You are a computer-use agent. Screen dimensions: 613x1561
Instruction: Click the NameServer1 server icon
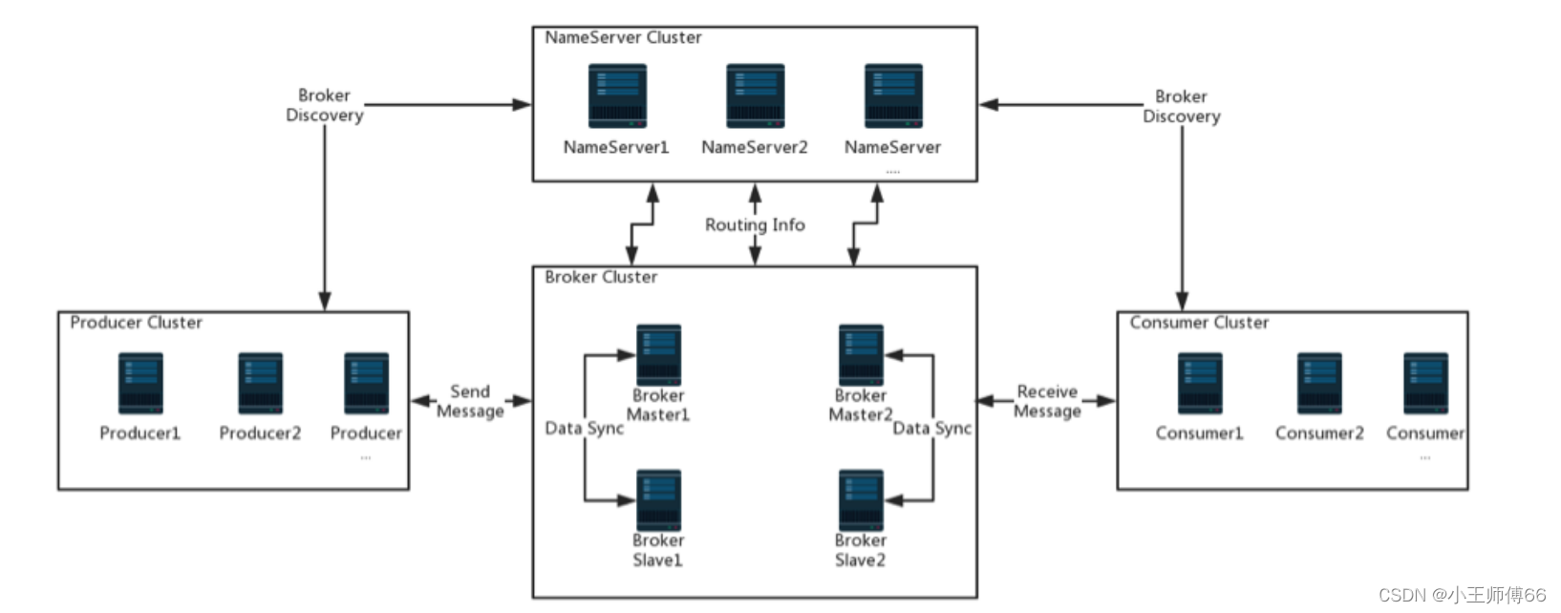point(617,95)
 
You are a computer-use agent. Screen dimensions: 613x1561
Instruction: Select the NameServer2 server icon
point(755,95)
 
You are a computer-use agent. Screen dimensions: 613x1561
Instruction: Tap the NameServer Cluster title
point(623,37)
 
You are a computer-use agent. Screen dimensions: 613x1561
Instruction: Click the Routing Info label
point(755,224)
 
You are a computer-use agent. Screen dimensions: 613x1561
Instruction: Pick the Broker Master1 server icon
point(658,354)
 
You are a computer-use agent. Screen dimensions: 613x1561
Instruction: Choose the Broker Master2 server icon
point(861,354)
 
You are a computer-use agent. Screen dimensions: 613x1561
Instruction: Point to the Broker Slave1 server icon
point(658,499)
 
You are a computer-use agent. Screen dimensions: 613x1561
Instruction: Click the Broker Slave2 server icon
point(861,499)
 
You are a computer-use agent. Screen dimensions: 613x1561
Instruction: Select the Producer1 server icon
point(140,383)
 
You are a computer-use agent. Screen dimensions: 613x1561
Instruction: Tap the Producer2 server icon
point(260,383)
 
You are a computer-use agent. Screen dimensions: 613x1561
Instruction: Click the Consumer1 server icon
point(1200,383)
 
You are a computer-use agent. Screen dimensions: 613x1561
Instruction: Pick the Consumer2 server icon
point(1319,383)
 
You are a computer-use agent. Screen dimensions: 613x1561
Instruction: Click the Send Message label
point(470,401)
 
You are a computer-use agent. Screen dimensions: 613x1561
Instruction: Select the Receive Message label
point(1047,401)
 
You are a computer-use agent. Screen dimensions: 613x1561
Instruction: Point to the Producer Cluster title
point(136,323)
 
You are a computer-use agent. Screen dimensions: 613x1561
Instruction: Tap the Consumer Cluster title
point(1199,323)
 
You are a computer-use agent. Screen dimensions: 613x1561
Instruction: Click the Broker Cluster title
point(601,277)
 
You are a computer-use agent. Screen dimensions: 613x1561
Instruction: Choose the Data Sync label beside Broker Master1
point(584,428)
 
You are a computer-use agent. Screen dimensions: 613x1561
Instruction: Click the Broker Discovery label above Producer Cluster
point(325,105)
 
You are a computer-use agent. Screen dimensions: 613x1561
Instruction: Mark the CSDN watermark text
point(1462,595)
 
